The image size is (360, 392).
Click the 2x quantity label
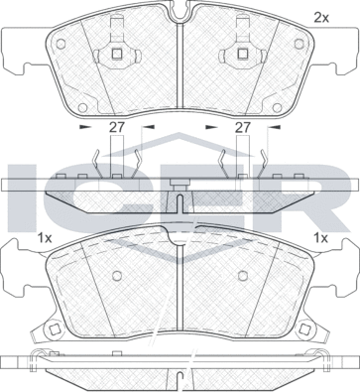pyautogui.click(x=320, y=16)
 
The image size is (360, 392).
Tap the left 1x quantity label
pyautogui.click(x=44, y=238)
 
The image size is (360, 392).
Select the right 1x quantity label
pyautogui.click(x=319, y=238)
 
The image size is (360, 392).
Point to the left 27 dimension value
pyautogui.click(x=117, y=128)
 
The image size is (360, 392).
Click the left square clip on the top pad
pyautogui.click(x=118, y=55)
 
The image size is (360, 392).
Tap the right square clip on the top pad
pyautogui.click(x=242, y=55)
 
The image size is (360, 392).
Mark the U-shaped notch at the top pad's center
pyautogui.click(x=180, y=14)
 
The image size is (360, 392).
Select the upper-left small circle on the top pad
pyautogui.click(x=59, y=44)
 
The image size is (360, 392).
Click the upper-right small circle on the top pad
pyautogui.click(x=300, y=44)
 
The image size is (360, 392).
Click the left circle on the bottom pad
pyautogui.click(x=117, y=276)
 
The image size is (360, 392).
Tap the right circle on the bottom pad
pyautogui.click(x=243, y=276)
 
